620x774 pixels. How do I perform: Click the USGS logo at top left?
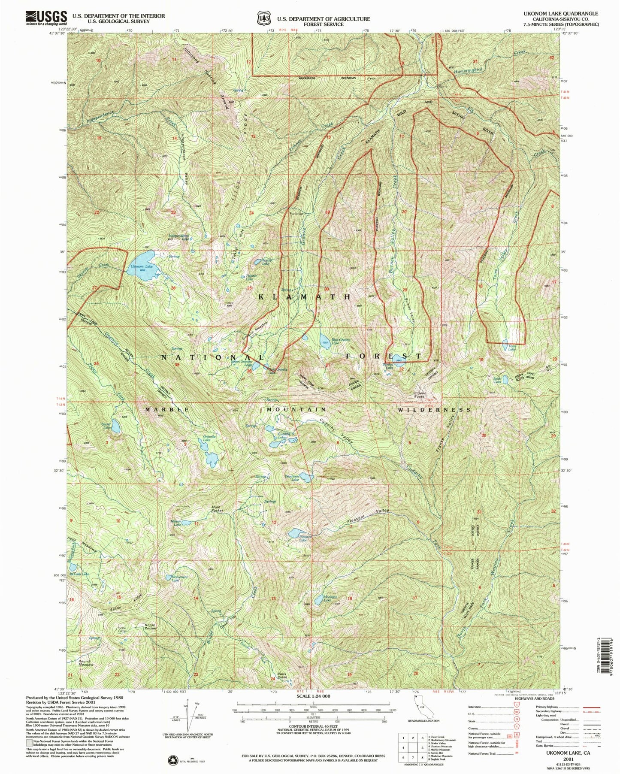46,18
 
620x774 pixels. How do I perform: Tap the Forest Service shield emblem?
263,19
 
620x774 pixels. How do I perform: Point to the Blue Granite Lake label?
341,342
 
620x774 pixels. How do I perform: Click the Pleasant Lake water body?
296,533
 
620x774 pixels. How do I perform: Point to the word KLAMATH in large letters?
305,297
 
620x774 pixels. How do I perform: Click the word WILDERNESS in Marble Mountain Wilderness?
434,410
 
